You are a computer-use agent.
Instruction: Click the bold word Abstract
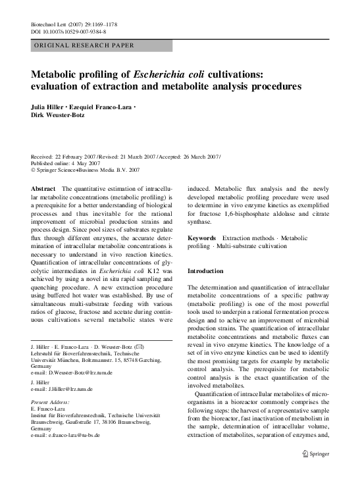(x=43, y=188)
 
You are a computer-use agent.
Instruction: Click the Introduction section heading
(x=205, y=271)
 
